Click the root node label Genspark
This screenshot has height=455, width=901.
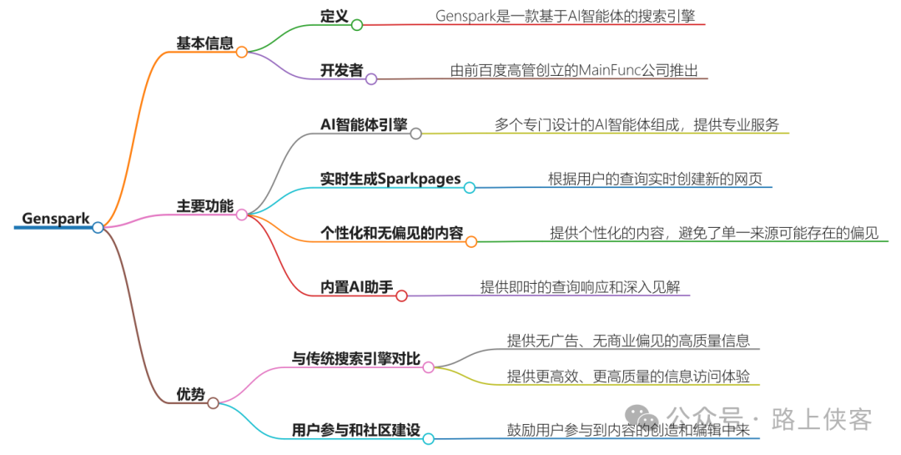[x=56, y=219]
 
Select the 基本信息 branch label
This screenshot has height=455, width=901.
[x=204, y=43]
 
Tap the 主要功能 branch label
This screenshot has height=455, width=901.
[x=204, y=205]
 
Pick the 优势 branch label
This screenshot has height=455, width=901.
[x=190, y=394]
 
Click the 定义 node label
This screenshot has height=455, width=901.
[x=333, y=16]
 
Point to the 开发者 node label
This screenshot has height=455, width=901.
[x=341, y=70]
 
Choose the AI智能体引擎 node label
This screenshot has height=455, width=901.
[x=364, y=124]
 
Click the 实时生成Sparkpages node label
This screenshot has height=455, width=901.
[x=390, y=179]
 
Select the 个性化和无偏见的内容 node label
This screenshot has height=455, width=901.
[x=391, y=233]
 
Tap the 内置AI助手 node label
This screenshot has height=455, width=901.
[x=357, y=286]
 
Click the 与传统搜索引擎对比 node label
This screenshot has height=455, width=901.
[x=356, y=359]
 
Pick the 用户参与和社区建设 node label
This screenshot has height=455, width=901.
[x=356, y=430]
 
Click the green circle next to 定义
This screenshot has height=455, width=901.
[x=357, y=25]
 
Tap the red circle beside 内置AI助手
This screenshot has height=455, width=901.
[x=401, y=296]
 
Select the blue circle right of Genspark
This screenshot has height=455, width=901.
[x=98, y=227]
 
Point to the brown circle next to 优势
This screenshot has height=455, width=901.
[x=213, y=403]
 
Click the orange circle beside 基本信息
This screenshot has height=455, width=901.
[x=241, y=52]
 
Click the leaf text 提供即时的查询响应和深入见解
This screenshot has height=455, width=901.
[x=585, y=286]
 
